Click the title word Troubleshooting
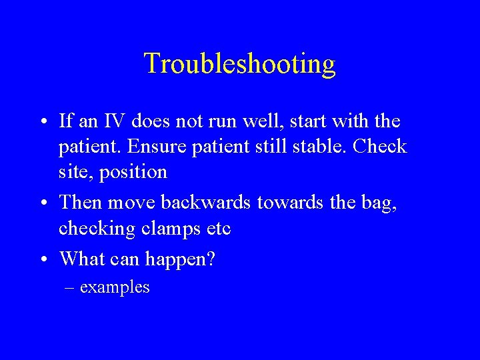pos(239,64)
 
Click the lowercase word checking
pos(93,228)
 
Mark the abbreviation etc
pos(217,228)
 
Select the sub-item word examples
pos(115,287)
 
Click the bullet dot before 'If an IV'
pos(42,122)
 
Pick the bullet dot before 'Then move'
pos(42,201)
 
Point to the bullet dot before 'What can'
pos(42,257)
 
